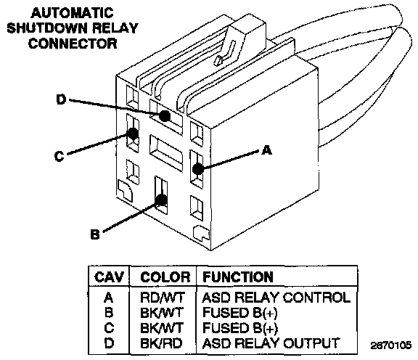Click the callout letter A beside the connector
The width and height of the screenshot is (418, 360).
(266, 150)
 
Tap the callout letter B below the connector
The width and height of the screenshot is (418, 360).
(95, 234)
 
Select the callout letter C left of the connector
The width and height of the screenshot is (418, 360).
(60, 156)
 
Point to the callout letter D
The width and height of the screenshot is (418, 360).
(61, 99)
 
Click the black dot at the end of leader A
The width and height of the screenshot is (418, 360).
(198, 169)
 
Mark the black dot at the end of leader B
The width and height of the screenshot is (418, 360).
(162, 200)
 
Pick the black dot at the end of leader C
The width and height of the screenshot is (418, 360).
(133, 133)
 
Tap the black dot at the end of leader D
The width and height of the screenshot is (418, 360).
(165, 116)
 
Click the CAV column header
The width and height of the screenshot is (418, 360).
(109, 277)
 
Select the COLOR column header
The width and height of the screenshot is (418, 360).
(165, 277)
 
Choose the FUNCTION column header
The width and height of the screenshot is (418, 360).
(238, 277)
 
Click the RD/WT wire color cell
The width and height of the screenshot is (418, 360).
(162, 298)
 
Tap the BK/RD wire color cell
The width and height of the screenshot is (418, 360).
(161, 343)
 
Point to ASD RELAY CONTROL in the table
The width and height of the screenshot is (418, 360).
(276, 298)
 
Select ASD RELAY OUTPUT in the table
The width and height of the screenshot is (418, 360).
(271, 343)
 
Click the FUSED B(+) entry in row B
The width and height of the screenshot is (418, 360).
(240, 313)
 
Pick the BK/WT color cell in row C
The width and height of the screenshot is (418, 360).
(162, 328)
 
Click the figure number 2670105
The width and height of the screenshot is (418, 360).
(391, 345)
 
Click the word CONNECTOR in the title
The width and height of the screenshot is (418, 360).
(73, 44)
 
